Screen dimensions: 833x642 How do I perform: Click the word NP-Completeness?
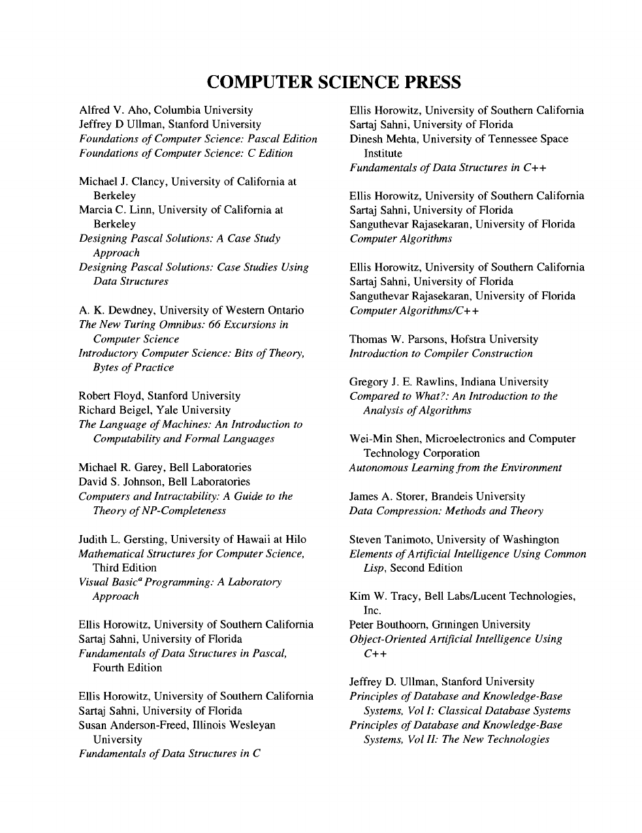(x=187, y=510)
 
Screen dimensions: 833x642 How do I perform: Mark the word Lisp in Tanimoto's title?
(x=374, y=568)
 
